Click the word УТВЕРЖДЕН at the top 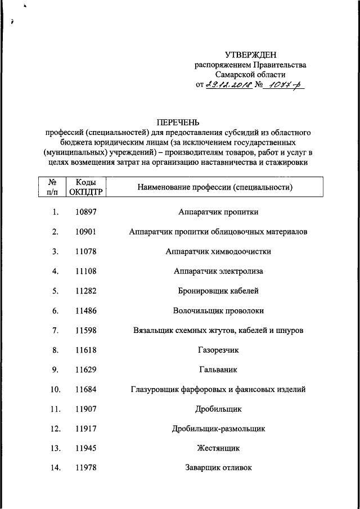pos(251,55)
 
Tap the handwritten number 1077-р pos(285,85)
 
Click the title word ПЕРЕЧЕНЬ pos(178,121)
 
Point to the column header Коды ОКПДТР pos(85,187)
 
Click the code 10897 pos(85,213)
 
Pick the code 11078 pos(85,251)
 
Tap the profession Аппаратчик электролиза pos(218,271)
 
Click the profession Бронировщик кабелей pos(218,291)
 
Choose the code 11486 pos(85,310)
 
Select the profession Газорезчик pos(218,350)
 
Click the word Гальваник pos(218,370)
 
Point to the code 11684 pos(85,389)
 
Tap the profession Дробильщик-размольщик pos(218,429)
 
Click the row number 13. pos(54,448)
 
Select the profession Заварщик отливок pos(218,468)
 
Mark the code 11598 pos(85,330)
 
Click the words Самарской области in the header pos(250,74)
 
